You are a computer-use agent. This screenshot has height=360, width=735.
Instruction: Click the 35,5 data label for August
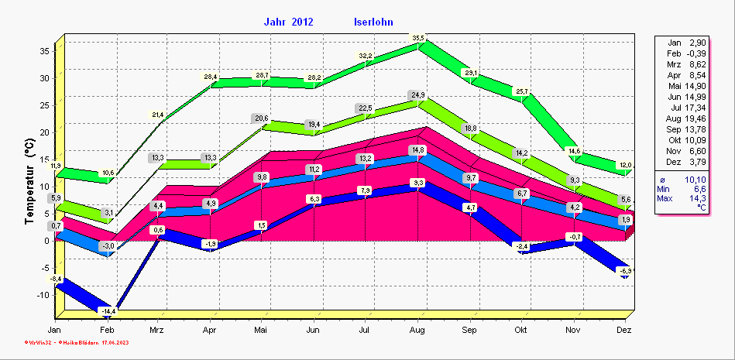pyautogui.click(x=418, y=38)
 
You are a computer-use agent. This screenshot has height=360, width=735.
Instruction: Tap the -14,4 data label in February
pyautogui.click(x=107, y=310)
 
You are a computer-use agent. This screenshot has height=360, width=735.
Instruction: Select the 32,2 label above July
pyautogui.click(x=366, y=56)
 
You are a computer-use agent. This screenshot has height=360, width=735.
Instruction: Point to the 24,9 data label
pyautogui.click(x=418, y=95)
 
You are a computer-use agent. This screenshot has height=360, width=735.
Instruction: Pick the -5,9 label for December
pyautogui.click(x=625, y=270)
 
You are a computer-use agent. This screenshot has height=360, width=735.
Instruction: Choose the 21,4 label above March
pyautogui.click(x=158, y=115)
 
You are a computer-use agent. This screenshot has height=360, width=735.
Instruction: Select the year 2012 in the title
pyautogui.click(x=302, y=22)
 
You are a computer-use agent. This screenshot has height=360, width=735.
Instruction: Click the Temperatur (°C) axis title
pyautogui.click(x=30, y=182)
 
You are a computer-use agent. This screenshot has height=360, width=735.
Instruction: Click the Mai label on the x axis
pyautogui.click(x=261, y=329)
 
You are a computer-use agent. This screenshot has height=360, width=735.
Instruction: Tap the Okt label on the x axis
pyautogui.click(x=521, y=329)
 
